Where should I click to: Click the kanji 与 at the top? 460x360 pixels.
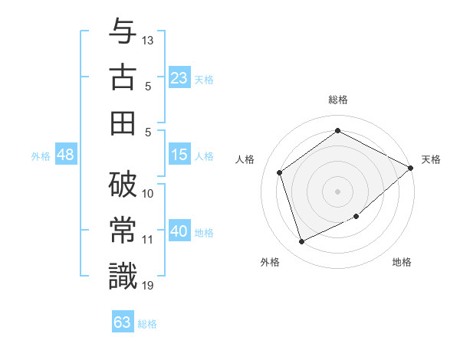[123, 31]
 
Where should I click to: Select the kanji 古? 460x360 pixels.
[123, 77]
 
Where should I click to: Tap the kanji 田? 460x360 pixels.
[123, 122]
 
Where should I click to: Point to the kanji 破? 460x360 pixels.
[123, 185]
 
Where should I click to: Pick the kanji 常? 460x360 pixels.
[123, 230]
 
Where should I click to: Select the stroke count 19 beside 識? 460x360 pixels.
[148, 286]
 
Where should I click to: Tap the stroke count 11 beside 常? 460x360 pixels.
[148, 240]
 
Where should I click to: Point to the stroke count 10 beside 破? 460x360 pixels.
[148, 194]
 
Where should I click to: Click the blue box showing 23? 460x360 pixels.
[179, 77]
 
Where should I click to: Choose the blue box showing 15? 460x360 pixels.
[179, 155]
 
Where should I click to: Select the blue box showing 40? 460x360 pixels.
[179, 231]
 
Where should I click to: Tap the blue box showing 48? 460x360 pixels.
[65, 155]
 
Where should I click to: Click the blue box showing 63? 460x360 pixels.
[122, 322]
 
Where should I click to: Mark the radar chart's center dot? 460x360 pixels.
[337, 191]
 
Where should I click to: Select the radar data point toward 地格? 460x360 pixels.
[356, 216]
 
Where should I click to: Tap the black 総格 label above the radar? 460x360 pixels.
[337, 100]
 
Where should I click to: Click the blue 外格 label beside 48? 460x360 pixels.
[41, 156]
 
